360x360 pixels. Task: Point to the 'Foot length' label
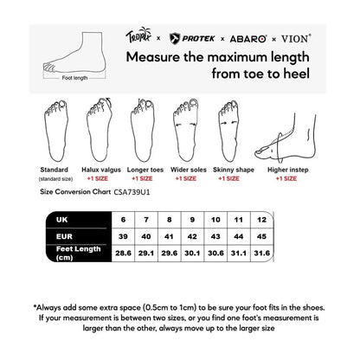(75, 77)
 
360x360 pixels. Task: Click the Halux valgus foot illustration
(98, 131)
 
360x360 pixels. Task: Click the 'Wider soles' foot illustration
(184, 131)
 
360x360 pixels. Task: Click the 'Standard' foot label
(55, 170)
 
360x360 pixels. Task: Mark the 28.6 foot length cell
(124, 254)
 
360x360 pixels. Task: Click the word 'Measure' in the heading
(158, 58)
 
